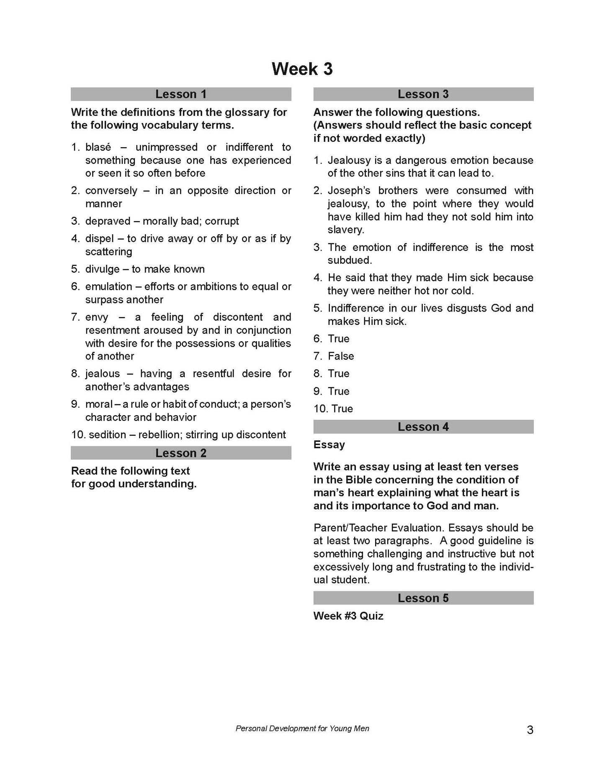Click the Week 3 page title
coord(302,69)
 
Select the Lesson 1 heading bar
coord(181,94)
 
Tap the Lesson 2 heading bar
coord(181,453)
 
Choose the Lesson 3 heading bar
coord(423,94)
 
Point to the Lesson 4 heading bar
coord(423,427)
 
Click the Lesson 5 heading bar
coord(423,598)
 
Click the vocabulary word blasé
coord(98,147)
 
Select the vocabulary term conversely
coord(111,191)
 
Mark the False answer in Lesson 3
coord(341,356)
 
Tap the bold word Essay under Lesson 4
coord(329,445)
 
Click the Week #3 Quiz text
coord(348,616)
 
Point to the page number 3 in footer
coord(530,730)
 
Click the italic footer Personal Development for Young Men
coord(302,728)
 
